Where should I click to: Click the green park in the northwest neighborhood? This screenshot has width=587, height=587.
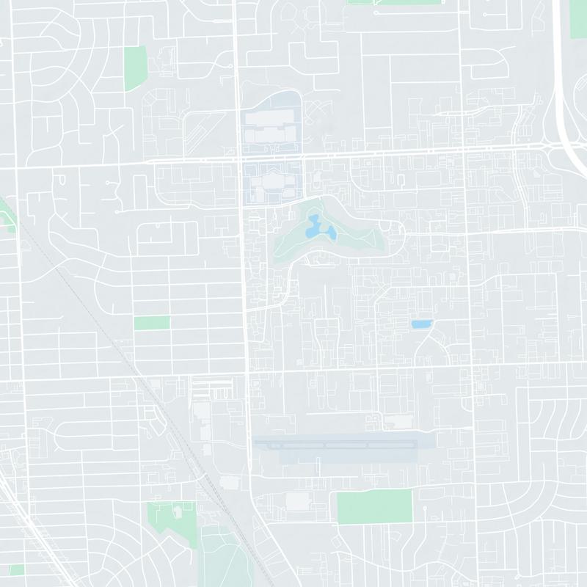coord(135,67)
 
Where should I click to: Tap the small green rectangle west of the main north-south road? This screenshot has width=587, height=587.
coord(152,323)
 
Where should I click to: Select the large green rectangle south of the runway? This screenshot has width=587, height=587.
coord(374,507)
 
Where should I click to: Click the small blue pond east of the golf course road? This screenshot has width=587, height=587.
coord(421,324)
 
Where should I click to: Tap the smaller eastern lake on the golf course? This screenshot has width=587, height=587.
coord(331,234)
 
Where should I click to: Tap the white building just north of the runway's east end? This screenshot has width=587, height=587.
coord(398,422)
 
